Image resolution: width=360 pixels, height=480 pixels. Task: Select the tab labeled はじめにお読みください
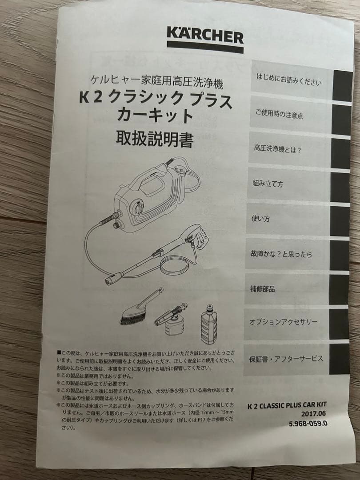pos(288,80)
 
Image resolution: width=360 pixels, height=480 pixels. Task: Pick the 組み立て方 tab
pos(268,184)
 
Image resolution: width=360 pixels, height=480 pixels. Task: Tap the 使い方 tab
pos(261,219)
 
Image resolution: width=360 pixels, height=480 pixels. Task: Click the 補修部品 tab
pos(263,289)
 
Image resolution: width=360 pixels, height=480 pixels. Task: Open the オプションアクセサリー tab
pos(283,322)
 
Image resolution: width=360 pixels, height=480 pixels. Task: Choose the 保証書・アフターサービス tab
pos(286,359)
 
